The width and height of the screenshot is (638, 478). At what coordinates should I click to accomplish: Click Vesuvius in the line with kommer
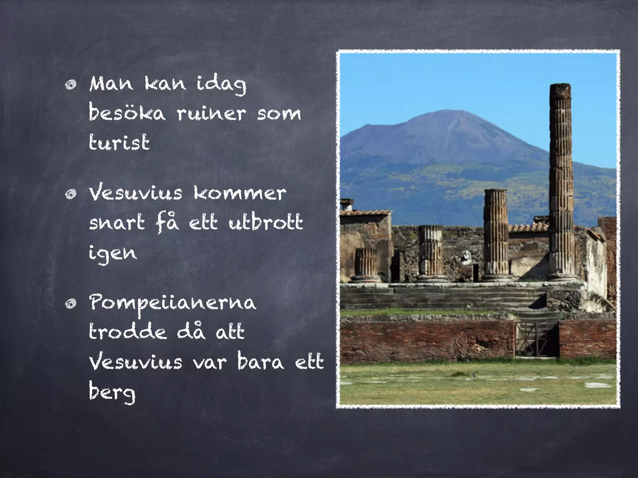click(136, 193)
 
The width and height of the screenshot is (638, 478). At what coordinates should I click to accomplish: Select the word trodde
click(127, 332)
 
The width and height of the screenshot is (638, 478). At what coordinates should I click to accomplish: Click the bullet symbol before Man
click(71, 85)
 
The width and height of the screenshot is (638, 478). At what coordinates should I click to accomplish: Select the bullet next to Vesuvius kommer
click(71, 194)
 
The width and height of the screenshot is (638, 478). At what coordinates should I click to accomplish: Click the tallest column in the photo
click(561, 180)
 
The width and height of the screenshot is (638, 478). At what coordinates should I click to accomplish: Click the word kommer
click(239, 193)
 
